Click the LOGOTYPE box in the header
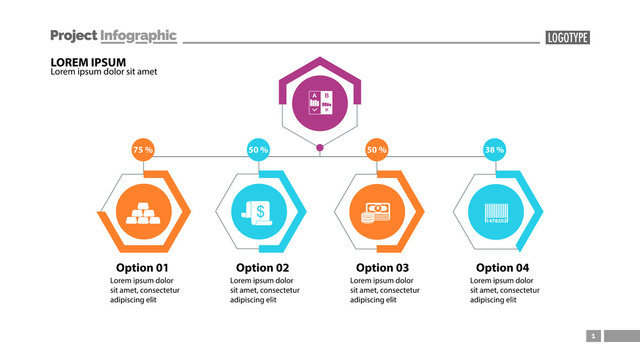tap(568, 37)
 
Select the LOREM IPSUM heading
tap(87, 62)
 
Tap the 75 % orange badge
tap(143, 150)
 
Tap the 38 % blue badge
tap(494, 150)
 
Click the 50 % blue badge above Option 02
tap(259, 150)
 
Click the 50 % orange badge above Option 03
tap(376, 150)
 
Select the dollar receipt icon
tap(259, 211)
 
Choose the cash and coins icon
tap(376, 211)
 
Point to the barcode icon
tap(494, 211)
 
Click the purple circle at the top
tap(320, 102)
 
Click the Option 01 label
tap(142, 267)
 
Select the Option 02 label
tap(262, 267)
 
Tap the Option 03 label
tap(382, 267)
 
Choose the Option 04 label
tap(502, 267)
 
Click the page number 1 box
tap(593, 336)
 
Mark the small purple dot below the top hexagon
tap(320, 149)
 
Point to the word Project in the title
tap(73, 35)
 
